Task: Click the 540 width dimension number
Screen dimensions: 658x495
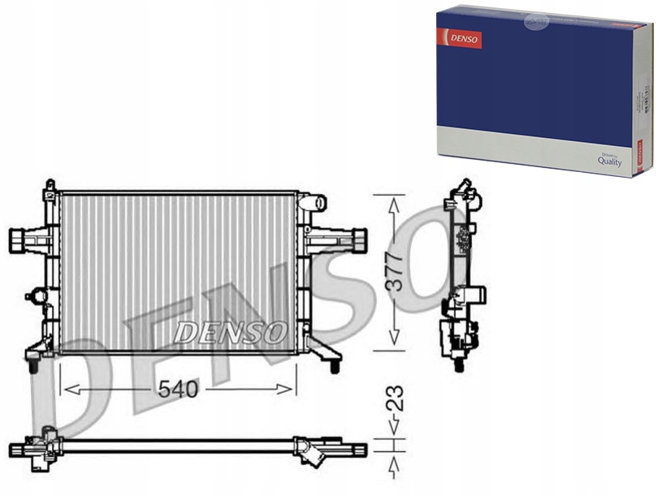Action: [178, 390]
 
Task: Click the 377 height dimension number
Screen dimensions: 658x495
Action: [396, 271]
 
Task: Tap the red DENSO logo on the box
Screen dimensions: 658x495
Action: [460, 38]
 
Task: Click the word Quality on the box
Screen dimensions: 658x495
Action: [609, 161]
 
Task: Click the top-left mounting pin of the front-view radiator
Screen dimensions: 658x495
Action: [50, 186]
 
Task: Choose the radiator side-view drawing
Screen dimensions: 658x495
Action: [461, 276]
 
